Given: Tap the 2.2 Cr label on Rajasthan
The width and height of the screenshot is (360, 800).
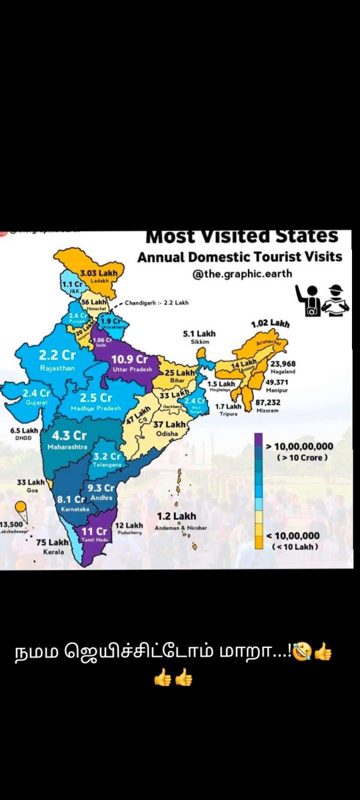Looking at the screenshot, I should tap(57, 355).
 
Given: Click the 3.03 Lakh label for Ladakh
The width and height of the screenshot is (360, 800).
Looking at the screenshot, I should tap(99, 273).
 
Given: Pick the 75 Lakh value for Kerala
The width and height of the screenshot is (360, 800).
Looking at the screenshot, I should tap(50, 543).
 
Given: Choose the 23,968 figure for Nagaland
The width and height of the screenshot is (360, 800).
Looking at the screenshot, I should tap(285, 363).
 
